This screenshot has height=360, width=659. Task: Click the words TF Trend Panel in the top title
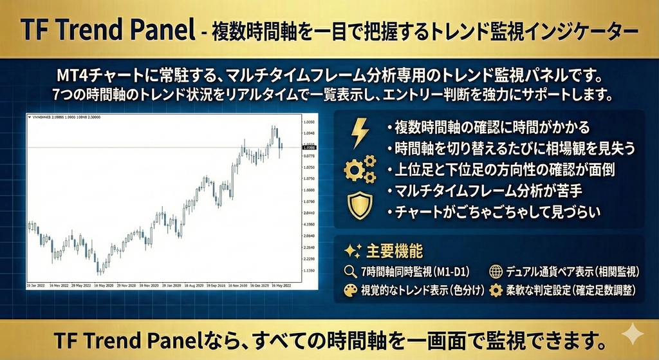point(107,30)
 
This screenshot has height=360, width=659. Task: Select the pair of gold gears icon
point(359,169)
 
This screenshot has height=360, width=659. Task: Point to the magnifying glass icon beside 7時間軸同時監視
point(350,271)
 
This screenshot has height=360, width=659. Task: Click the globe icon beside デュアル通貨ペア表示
point(496,271)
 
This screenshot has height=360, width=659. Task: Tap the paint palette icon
point(350,290)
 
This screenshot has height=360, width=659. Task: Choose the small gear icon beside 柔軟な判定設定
point(496,290)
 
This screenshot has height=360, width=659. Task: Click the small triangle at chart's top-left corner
point(28,117)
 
